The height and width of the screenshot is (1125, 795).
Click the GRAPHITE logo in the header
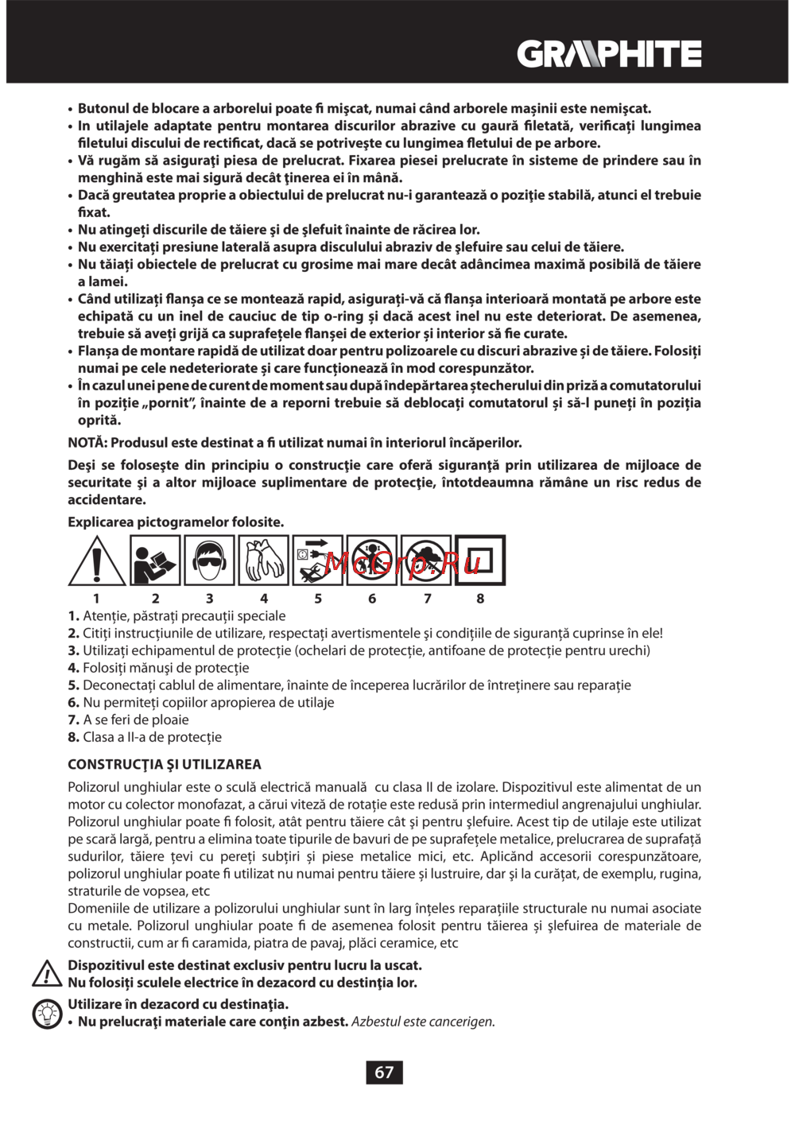(609, 55)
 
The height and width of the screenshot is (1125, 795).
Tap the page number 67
(384, 1073)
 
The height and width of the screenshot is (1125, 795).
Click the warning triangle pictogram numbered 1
(96, 561)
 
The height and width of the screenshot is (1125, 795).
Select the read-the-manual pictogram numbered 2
(155, 561)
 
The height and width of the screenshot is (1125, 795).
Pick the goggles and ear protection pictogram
(209, 561)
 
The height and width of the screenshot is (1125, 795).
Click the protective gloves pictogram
(263, 561)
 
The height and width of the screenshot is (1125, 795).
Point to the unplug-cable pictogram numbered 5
(317, 561)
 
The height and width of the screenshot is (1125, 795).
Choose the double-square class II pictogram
(480, 561)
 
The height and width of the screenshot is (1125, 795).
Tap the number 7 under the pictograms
(427, 599)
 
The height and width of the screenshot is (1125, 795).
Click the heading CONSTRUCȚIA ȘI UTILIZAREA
(165, 765)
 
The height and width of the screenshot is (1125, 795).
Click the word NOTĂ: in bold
(87, 443)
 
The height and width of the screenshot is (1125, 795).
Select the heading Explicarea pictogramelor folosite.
(176, 522)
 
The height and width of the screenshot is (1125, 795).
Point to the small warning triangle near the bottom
(48, 974)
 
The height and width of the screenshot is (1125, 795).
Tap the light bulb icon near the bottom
(48, 1014)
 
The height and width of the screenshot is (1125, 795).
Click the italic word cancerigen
(463, 1022)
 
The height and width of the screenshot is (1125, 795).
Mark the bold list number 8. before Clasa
(73, 738)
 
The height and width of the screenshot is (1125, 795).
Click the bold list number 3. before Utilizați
(73, 651)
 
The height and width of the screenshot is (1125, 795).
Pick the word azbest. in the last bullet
(328, 1022)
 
